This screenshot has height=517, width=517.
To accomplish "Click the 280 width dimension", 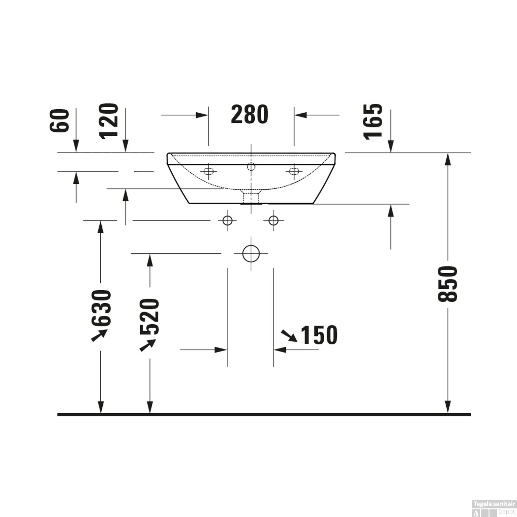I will (x=250, y=114).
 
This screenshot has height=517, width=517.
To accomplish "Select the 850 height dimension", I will (x=447, y=284).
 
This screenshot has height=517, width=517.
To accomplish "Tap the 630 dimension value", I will (x=101, y=308).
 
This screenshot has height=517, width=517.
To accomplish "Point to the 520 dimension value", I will (x=150, y=316).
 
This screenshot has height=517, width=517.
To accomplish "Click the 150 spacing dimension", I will (x=319, y=335).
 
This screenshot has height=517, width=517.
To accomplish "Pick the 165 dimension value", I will (x=373, y=121).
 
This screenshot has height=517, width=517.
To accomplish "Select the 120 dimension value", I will (x=109, y=121).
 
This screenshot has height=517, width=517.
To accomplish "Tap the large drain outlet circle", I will (x=251, y=254).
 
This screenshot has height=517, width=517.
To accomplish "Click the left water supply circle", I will (x=227, y=220).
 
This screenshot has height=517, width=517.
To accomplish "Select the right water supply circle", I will (x=273, y=220).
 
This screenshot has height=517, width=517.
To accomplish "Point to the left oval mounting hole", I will (x=208, y=171).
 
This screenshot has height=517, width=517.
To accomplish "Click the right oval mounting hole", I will (x=294, y=171).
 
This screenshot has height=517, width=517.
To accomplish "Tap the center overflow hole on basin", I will (x=251, y=166).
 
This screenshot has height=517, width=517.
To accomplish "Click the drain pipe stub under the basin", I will (x=251, y=198).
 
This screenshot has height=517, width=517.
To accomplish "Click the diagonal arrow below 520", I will (x=148, y=345).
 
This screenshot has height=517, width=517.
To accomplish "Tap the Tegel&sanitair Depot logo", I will (x=494, y=508).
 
